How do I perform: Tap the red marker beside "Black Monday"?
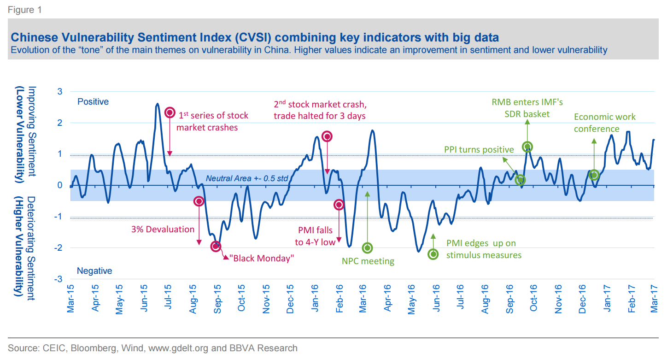click(216, 247)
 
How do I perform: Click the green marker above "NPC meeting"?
click(367, 248)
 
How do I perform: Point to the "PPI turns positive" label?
click(479, 150)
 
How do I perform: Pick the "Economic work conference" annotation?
click(604, 123)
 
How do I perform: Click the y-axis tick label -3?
click(59, 279)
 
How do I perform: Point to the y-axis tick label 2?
click(60, 123)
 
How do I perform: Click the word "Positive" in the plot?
click(93, 101)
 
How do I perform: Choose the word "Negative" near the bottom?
click(94, 271)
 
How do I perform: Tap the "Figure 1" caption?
click(24, 10)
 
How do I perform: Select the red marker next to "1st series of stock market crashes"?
click(170, 112)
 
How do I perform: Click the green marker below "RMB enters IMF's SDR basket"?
click(527, 147)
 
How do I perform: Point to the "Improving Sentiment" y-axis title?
click(32, 131)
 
